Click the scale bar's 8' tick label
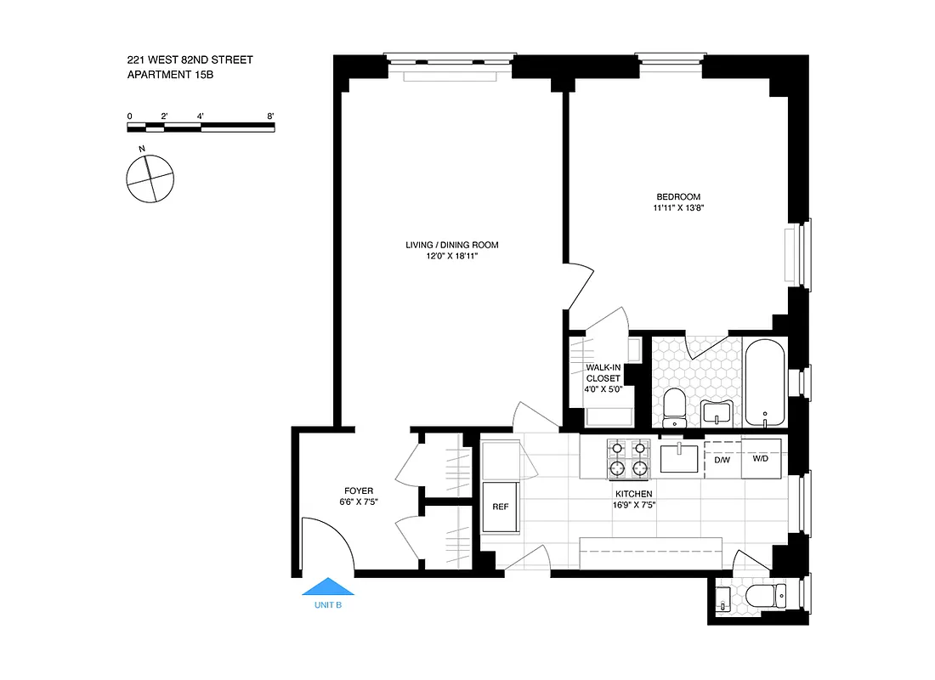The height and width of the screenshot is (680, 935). click(270, 115)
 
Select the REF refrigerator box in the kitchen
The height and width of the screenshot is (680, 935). click(501, 507)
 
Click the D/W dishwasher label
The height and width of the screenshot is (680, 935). click(722, 460)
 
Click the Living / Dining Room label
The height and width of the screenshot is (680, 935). click(451, 245)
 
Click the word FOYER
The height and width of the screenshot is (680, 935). click(359, 490)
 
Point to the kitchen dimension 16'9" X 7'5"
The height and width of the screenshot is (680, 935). click(634, 505)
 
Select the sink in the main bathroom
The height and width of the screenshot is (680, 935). click(718, 413)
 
